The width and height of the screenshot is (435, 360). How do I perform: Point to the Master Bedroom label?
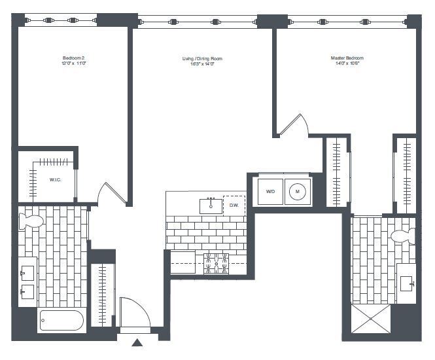coord(347,58)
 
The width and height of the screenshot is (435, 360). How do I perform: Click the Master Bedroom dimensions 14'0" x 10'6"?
coord(347,64)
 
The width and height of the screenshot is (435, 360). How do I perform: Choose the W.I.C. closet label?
coord(55,180)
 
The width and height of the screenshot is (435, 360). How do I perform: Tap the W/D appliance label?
coord(270,191)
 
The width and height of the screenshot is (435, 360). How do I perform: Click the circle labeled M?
coord(297,191)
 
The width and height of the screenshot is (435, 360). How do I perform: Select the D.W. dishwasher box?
coord(234,206)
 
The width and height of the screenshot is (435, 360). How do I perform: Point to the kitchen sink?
coord(211,206)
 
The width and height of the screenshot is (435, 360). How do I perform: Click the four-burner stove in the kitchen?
coord(216,263)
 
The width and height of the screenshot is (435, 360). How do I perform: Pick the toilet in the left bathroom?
coord(31,221)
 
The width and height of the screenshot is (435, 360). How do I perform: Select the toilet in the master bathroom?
coord(402,236)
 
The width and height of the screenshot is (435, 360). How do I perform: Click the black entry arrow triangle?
coord(137,342)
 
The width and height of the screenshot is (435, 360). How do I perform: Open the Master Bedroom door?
coord(292,126)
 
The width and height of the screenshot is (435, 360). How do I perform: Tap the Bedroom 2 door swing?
coord(110,191)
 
